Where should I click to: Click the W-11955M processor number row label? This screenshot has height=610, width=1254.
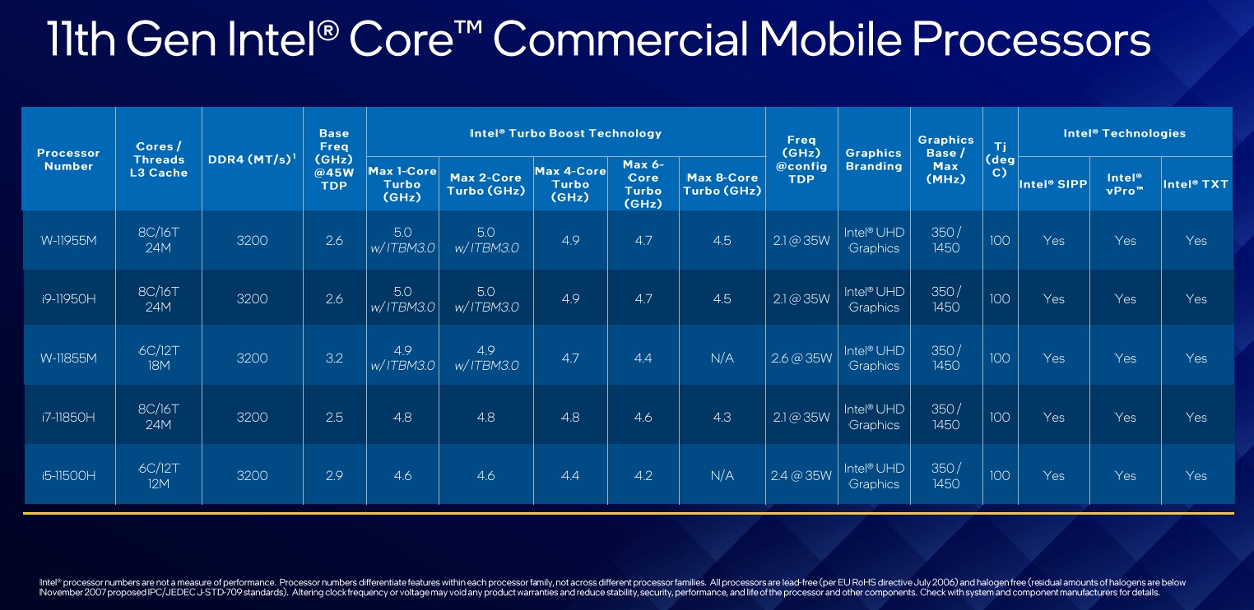point(68,240)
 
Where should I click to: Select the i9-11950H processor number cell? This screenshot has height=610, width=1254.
point(68,299)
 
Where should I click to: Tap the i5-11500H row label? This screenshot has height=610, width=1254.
point(68,476)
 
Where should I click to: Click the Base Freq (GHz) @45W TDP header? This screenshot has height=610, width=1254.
point(334,159)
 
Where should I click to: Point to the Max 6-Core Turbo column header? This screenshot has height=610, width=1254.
point(643,183)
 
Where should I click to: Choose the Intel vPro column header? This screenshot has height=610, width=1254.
point(1125,183)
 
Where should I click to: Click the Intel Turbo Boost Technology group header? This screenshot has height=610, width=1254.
point(565,133)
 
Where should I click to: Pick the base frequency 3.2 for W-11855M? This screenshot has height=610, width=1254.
point(334,358)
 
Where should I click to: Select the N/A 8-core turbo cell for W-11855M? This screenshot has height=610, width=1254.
point(722,358)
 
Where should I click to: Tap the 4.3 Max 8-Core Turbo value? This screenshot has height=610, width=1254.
point(722,418)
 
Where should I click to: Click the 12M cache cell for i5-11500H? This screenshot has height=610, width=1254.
point(159,483)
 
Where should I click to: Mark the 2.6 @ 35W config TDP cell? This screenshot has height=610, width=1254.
point(801,358)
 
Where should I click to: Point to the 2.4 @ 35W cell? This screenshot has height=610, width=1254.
point(801,476)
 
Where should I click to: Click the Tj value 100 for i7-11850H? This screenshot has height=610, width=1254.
point(1000,418)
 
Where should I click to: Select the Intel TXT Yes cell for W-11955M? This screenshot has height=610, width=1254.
point(1196,240)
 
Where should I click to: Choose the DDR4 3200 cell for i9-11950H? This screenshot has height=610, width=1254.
point(252,299)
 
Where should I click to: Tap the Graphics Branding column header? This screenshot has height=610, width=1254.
point(873,159)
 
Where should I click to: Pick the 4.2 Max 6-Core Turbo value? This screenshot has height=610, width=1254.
point(643,476)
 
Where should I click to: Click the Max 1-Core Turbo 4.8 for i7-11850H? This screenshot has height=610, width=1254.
point(402,418)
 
